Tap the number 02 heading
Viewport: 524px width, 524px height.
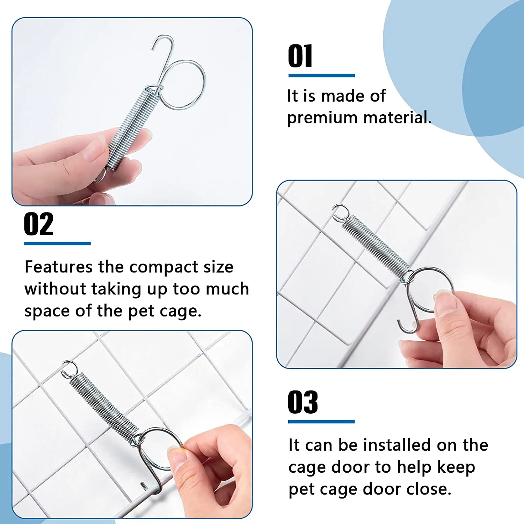[39, 224]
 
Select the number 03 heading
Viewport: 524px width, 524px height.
[303, 402]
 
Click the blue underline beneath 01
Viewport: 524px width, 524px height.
[322, 75]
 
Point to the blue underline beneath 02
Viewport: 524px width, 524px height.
[57, 243]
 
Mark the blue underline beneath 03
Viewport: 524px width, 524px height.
[321, 422]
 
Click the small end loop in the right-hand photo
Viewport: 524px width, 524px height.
[340, 212]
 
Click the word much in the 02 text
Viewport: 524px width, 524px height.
[227, 289]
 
